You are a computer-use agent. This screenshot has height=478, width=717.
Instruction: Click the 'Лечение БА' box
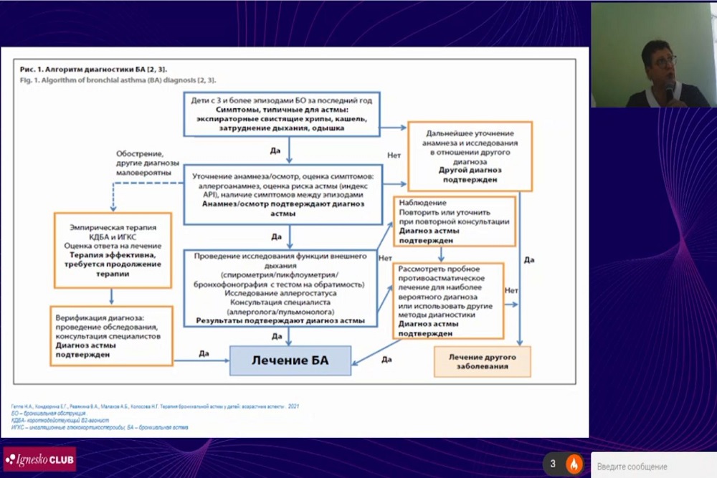tap(290, 360)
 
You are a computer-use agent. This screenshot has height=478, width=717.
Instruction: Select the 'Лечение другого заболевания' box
tap(482, 361)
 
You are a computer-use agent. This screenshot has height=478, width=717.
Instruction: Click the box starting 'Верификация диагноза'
tap(113, 335)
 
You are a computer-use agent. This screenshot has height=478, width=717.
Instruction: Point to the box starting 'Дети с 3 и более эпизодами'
tap(281, 114)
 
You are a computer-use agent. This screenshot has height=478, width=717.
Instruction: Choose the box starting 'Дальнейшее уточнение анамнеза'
tap(469, 156)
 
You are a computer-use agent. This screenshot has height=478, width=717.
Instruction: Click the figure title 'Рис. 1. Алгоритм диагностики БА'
tap(94, 69)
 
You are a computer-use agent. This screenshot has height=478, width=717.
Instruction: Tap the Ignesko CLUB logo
tap(39, 459)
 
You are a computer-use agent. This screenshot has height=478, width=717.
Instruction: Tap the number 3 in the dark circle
tap(553, 464)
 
